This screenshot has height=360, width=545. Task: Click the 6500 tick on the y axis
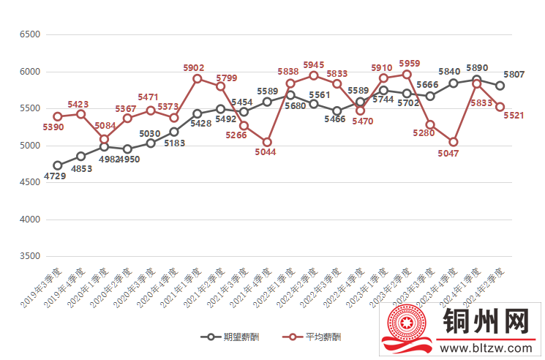pyautogui.click(x=30, y=34)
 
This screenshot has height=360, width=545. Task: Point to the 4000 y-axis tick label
pyautogui.click(x=30, y=220)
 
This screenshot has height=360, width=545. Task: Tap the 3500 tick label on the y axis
pyautogui.click(x=30, y=257)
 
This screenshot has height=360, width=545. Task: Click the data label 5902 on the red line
pyautogui.click(x=194, y=67)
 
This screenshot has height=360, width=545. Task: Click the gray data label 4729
pyautogui.click(x=55, y=176)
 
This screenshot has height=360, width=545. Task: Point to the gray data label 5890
pyautogui.click(x=477, y=68)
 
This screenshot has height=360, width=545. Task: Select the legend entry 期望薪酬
pyautogui.click(x=231, y=337)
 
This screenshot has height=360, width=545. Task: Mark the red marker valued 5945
pyautogui.click(x=314, y=75)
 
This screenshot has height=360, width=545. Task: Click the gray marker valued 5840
pyautogui.click(x=454, y=83)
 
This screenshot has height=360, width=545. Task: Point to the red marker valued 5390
pyautogui.click(x=58, y=116)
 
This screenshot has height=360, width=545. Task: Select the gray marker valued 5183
pyautogui.click(x=174, y=132)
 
